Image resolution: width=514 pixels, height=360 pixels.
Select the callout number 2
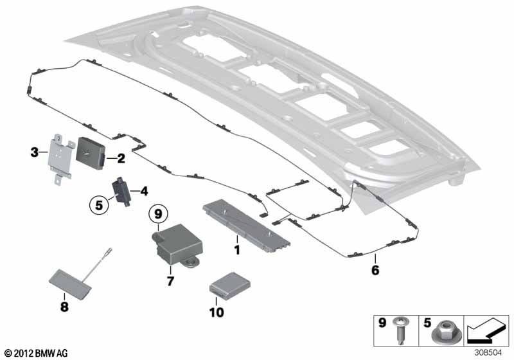tap(120, 157)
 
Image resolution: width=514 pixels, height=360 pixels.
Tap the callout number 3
tap(34, 152)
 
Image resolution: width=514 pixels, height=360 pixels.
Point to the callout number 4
tap(144, 191)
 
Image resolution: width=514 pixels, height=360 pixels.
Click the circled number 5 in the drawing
tap(99, 206)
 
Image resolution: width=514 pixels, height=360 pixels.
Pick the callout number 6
tap(375, 269)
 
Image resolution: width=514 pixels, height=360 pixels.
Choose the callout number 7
tap(170, 281)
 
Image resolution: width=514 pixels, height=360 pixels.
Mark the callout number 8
tap(64, 307)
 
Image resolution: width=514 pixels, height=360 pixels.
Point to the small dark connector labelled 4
tap(121, 189)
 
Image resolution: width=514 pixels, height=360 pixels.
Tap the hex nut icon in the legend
tap(441, 333)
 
